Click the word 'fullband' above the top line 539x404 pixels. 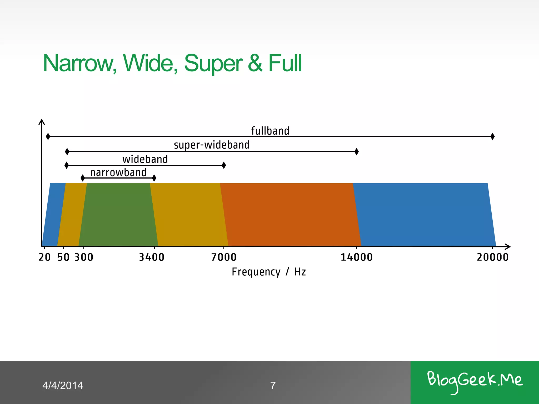pos(270,131)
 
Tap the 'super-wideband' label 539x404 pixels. pos(212,145)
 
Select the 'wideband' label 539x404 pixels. pos(145,159)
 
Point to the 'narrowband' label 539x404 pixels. pos(118,173)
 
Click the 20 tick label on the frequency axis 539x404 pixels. pos(44,257)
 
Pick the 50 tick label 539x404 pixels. pos(63,257)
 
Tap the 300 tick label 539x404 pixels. pos(84,257)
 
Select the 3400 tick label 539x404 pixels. pos(152,257)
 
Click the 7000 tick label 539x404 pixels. pos(224,257)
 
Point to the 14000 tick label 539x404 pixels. pos(357,257)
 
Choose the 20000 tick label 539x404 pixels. pos(493,257)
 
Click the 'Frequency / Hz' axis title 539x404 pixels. pos(269,272)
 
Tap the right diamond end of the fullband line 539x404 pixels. pos(493,137)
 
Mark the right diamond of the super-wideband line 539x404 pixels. pos(357,151)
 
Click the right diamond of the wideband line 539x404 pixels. pos(224,165)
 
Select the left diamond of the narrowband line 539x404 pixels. pos(83,178)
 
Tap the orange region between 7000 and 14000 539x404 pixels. pos(290,214)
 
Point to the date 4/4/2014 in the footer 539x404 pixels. pos(63,386)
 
